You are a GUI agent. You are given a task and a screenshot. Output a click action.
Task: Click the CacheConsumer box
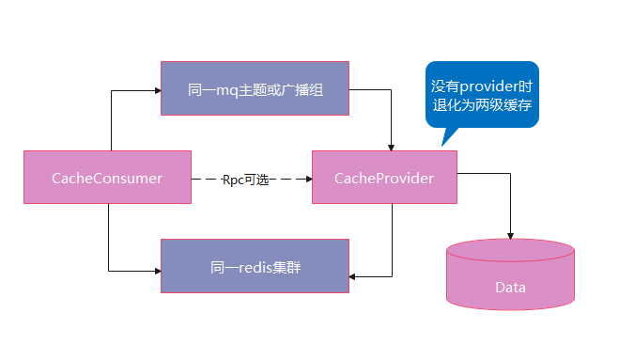[107, 177]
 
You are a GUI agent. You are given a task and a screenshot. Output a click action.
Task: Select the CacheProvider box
[385, 177]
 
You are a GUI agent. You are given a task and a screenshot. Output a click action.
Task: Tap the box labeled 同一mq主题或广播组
[255, 88]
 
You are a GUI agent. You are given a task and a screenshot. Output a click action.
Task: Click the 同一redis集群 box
[255, 265]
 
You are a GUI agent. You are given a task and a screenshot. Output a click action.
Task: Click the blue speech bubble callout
[481, 93]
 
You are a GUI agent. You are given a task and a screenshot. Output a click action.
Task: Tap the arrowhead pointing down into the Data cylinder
[510, 235]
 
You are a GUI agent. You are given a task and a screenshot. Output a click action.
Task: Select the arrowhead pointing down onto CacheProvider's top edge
[391, 147]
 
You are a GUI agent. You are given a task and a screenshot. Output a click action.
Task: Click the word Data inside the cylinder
[510, 288]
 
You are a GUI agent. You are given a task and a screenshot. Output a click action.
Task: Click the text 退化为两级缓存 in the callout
[481, 104]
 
